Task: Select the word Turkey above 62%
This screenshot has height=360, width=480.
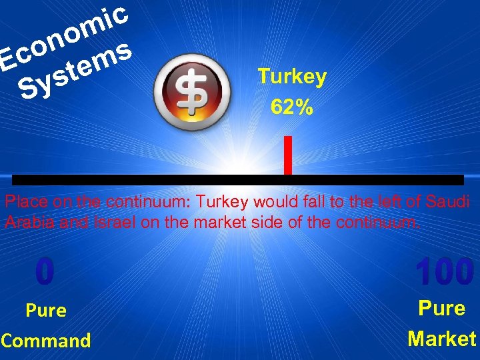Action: (x=292, y=77)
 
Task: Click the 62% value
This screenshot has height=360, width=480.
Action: (x=291, y=107)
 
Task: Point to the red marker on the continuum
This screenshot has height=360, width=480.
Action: (x=287, y=155)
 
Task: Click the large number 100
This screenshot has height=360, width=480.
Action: (x=444, y=272)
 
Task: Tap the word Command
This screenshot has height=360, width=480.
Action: (x=46, y=341)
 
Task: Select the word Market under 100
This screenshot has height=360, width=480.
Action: (x=442, y=339)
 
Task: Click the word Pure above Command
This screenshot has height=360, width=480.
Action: (x=46, y=311)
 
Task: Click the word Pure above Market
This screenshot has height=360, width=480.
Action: (x=441, y=309)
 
